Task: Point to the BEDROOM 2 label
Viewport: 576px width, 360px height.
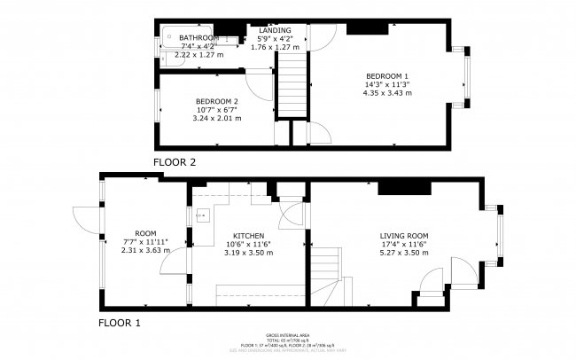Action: pyautogui.click(x=215, y=102)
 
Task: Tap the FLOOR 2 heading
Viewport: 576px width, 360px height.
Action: pyautogui.click(x=174, y=163)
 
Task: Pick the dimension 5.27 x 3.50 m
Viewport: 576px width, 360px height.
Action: pyautogui.click(x=403, y=253)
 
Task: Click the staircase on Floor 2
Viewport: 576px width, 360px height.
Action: pyautogui.click(x=294, y=84)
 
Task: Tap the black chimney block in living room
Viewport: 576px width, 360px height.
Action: pyautogui.click(x=404, y=186)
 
